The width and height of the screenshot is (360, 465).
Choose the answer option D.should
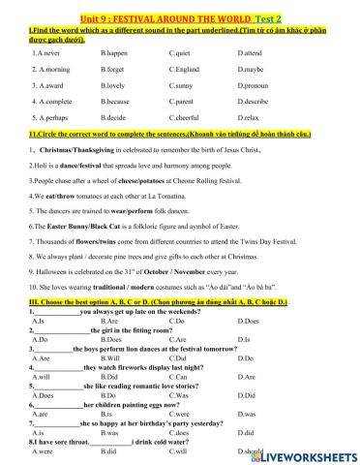point(251,451)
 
